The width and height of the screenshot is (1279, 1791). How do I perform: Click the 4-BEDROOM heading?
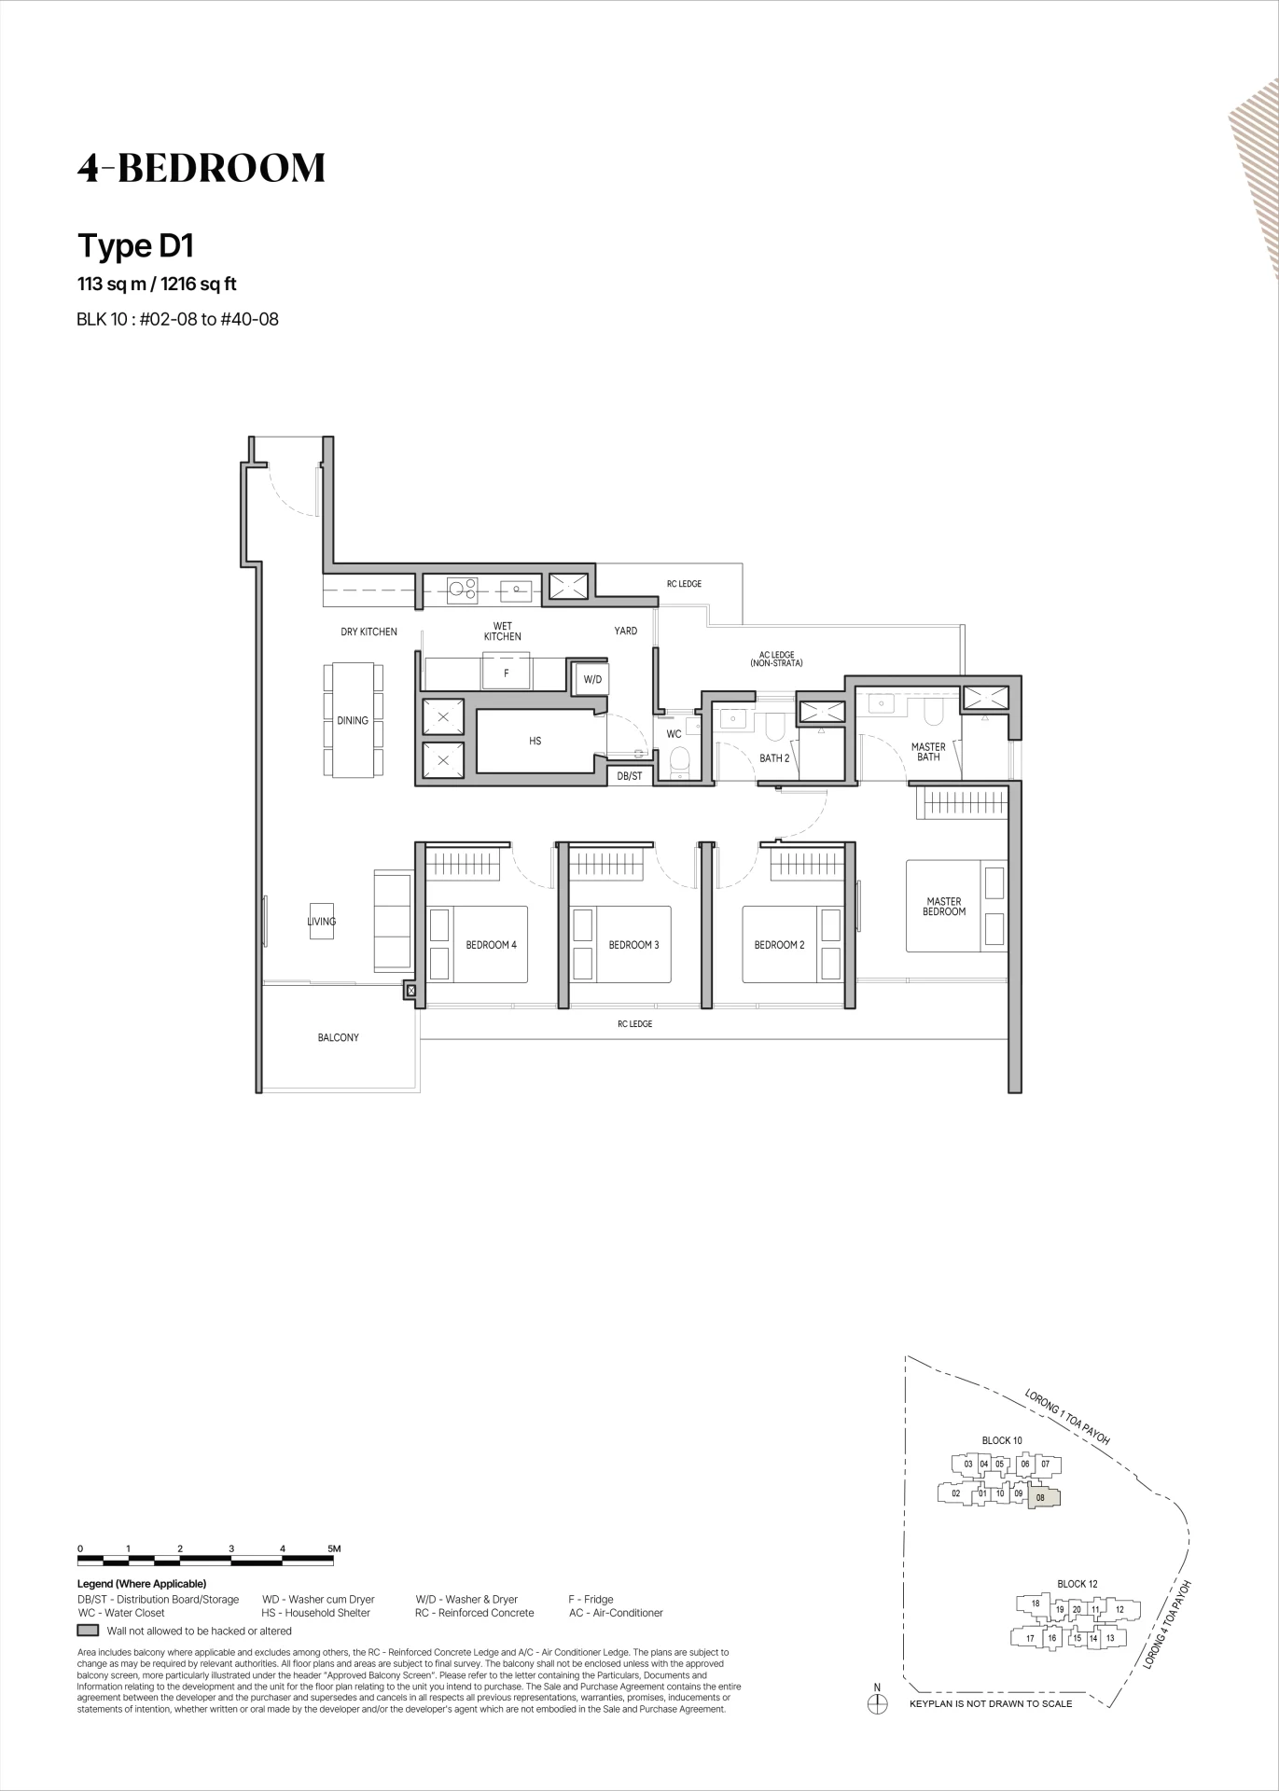click(x=202, y=168)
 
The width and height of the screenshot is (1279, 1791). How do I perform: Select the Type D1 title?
click(x=135, y=246)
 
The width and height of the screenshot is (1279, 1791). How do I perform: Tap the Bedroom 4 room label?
click(x=491, y=945)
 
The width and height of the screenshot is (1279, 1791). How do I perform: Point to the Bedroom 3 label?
click(x=633, y=945)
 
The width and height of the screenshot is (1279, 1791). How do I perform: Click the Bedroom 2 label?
click(x=779, y=945)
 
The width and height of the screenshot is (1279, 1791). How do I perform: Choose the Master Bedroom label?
click(x=944, y=907)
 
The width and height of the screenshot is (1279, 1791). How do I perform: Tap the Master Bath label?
click(x=928, y=752)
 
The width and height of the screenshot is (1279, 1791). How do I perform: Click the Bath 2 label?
click(x=774, y=758)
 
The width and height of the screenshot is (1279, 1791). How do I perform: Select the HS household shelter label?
click(x=535, y=741)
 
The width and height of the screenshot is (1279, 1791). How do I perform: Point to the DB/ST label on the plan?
click(x=630, y=776)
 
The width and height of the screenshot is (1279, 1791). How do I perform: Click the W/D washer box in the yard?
click(x=592, y=679)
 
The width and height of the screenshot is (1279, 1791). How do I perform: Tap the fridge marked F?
click(x=507, y=673)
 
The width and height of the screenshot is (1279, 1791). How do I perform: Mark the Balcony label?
click(x=338, y=1037)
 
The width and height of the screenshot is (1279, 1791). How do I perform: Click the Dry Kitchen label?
click(x=368, y=632)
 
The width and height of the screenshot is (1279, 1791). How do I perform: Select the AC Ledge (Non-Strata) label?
click(x=776, y=659)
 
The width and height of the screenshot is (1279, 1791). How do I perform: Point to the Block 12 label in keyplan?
click(x=1077, y=1584)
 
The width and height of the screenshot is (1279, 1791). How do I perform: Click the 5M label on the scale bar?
click(x=335, y=1548)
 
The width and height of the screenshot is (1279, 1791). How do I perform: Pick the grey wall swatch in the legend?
click(x=88, y=1631)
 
